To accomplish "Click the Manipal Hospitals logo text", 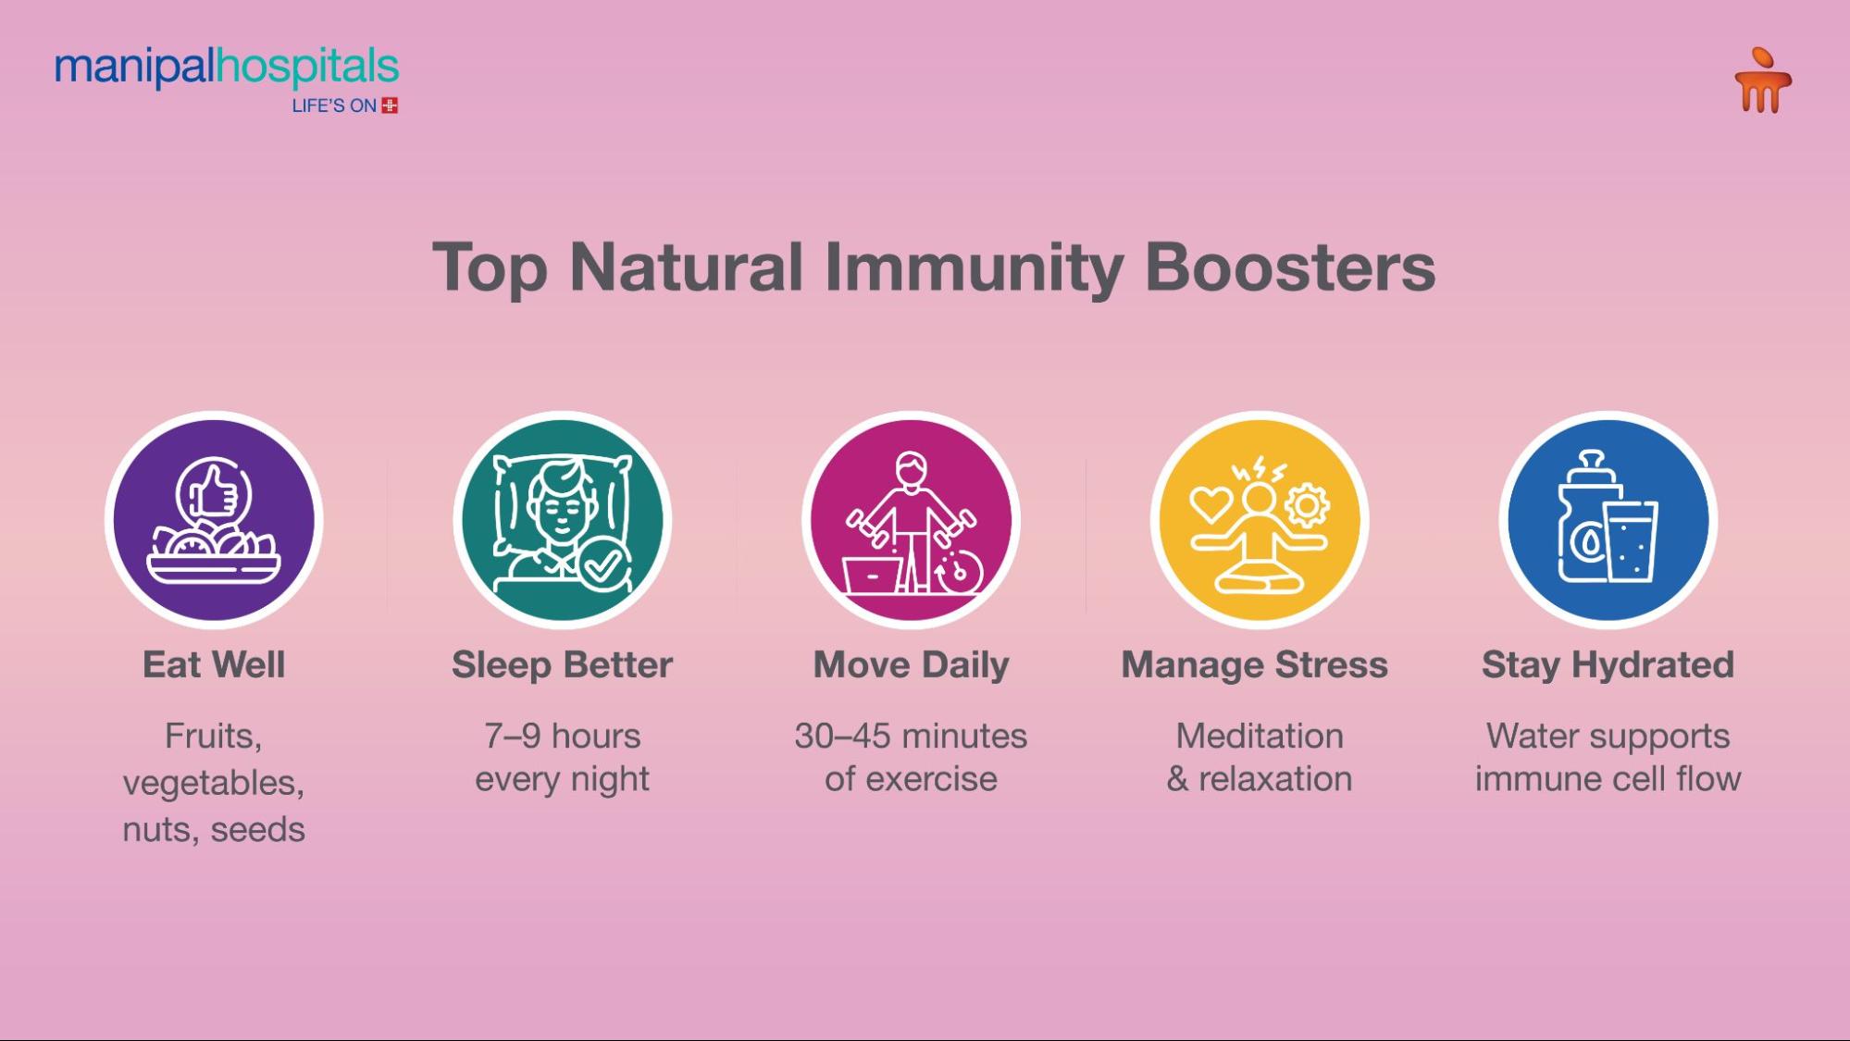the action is coord(227,68).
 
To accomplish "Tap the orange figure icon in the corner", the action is coord(1763,81).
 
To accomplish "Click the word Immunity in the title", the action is coord(974,268).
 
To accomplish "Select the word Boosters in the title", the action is coord(1290,267).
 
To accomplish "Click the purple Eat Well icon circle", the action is coord(214,519).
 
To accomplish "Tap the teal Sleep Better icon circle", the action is coord(563,519).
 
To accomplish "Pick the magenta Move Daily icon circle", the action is coord(912,519).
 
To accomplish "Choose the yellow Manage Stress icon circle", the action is coord(1260,519).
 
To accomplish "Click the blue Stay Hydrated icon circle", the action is coord(1608,519).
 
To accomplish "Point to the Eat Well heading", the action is coord(214,664).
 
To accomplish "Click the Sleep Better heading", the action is coord(563,665).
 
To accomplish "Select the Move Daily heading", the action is coord(912,665).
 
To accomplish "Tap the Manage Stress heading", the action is coord(1255,665).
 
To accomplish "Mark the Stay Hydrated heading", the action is coord(1608,665).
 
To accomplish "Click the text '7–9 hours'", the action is coord(563,737).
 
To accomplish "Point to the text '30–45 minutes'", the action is coord(912,737).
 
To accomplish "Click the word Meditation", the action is coord(1260,737).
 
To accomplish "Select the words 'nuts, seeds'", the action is coord(214,830).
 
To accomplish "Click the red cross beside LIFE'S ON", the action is coord(391,105).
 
